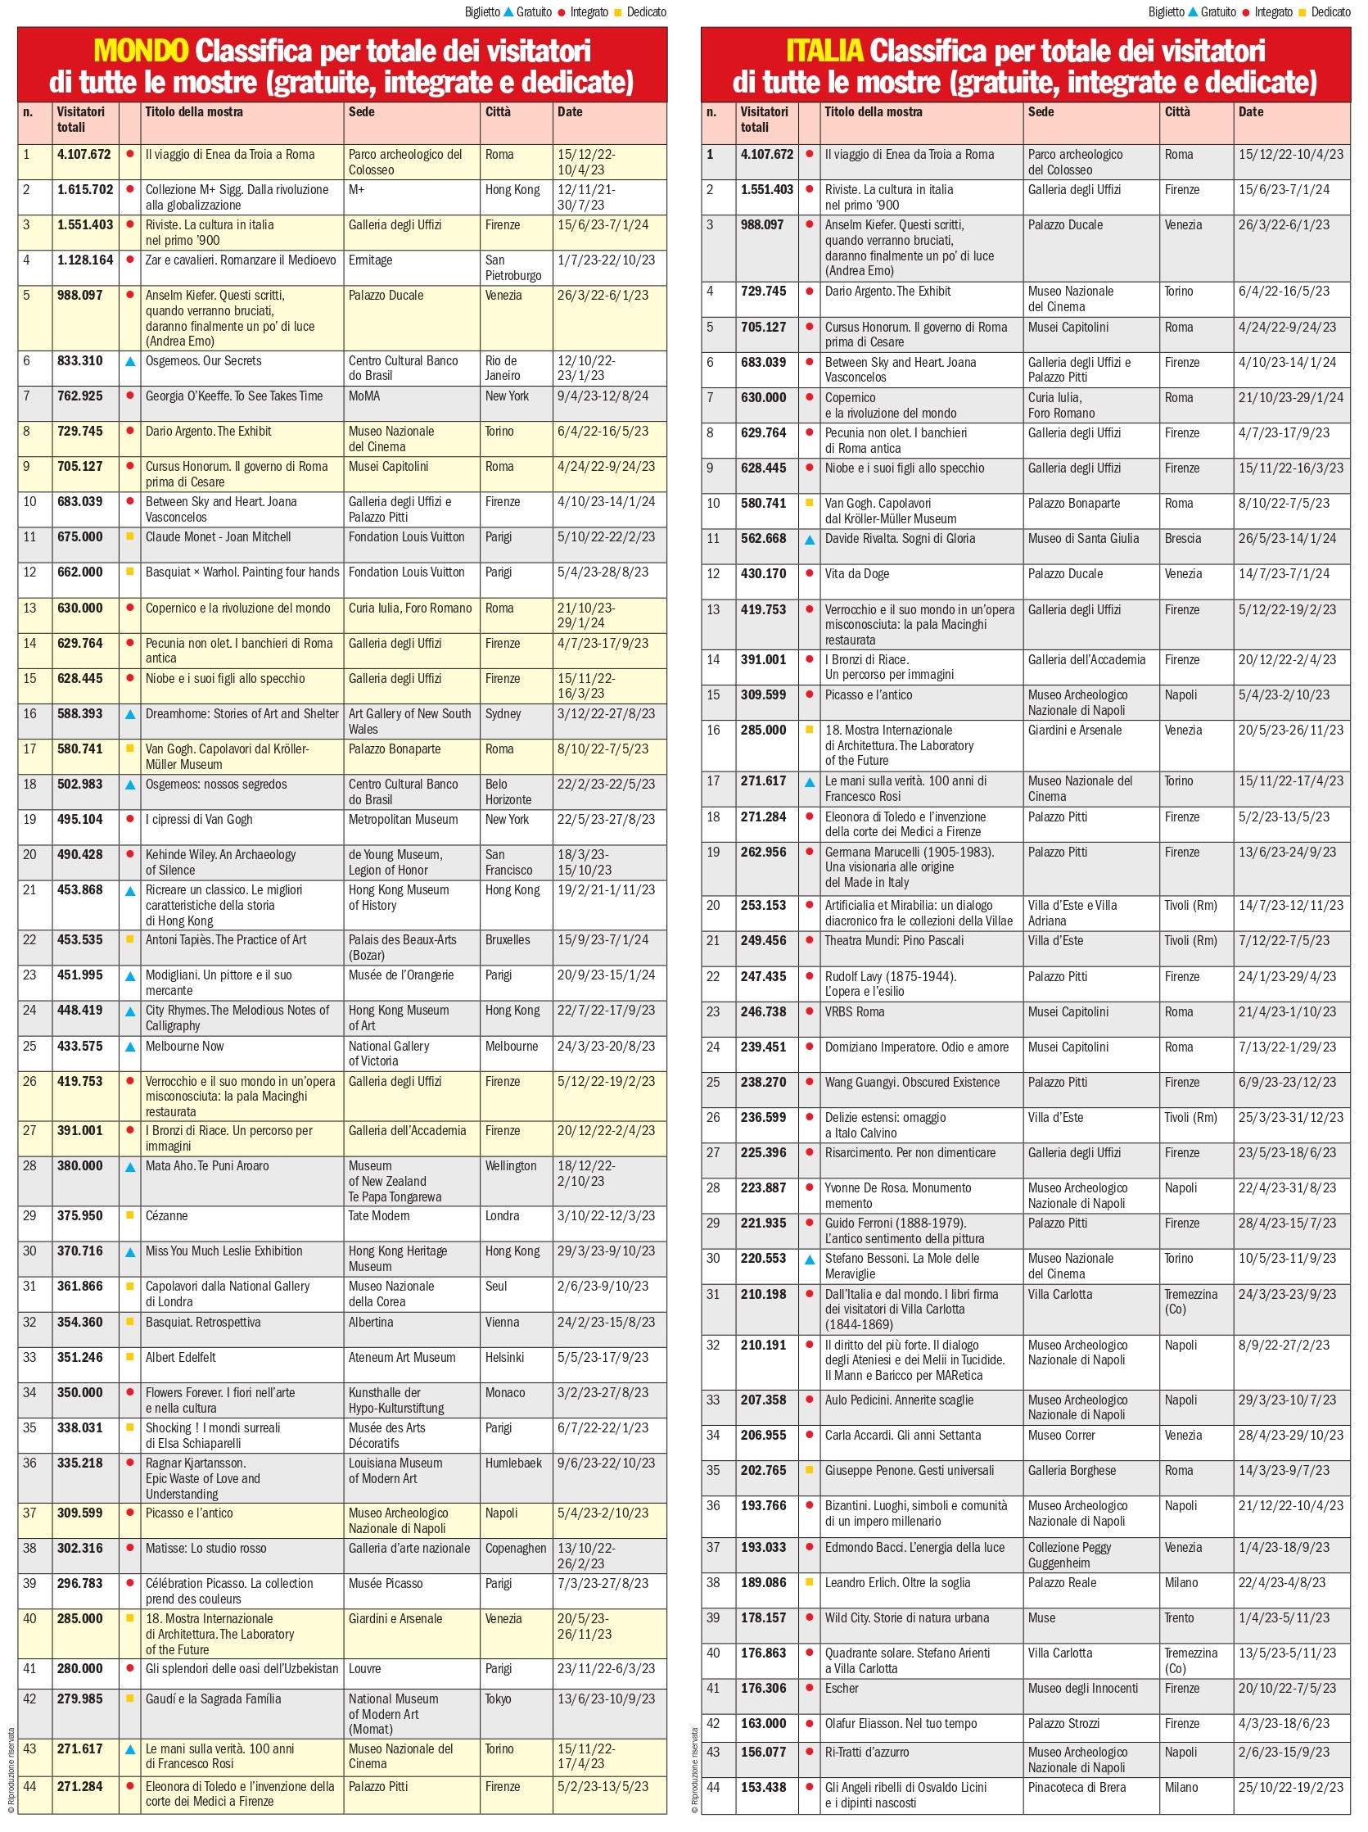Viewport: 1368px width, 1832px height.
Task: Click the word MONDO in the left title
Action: click(140, 52)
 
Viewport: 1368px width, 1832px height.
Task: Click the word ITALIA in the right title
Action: click(823, 52)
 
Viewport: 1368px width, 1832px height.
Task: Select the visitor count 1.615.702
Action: click(85, 190)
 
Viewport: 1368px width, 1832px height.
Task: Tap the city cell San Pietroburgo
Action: click(512, 268)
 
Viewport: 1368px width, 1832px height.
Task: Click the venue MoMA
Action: click(364, 396)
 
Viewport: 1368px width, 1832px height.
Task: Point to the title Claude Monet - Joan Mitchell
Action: click(218, 536)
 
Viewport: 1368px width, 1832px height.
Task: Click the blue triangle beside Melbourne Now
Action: click(130, 1047)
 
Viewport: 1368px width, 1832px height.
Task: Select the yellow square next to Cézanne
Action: click(130, 1215)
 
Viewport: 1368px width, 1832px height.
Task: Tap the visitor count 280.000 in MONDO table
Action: click(80, 1669)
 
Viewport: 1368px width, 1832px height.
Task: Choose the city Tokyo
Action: click(499, 1699)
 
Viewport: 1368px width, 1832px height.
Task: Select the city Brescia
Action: click(1182, 538)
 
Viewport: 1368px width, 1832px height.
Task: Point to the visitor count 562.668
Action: click(764, 538)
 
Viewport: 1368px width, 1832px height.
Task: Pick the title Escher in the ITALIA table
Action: click(842, 1688)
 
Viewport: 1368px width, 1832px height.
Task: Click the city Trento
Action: click(1179, 1617)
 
